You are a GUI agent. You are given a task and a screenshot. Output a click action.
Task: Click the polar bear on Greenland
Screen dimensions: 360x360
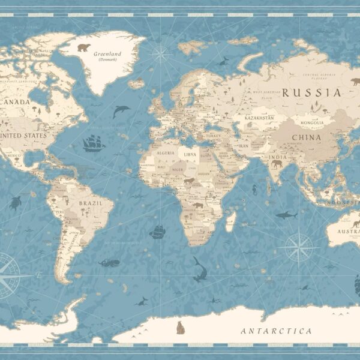coord(83,47)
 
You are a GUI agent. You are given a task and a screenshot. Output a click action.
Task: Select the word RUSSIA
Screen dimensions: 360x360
coord(311,92)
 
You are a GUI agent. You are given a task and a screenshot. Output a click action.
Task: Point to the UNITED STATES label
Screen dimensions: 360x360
coord(25,136)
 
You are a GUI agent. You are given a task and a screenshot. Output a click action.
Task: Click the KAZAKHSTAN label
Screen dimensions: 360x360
coord(258,118)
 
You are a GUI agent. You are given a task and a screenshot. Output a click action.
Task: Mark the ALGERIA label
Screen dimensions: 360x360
coord(165,153)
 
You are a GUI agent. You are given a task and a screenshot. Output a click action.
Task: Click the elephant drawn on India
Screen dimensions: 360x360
coord(277,163)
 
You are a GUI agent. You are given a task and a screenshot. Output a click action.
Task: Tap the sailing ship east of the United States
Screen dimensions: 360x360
coord(94,143)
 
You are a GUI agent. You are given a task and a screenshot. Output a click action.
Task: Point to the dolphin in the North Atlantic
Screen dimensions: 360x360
coord(121,111)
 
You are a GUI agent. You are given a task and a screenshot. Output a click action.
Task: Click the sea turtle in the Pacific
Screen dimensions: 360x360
coord(14,203)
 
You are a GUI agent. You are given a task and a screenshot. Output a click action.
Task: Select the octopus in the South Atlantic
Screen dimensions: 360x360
coord(109,262)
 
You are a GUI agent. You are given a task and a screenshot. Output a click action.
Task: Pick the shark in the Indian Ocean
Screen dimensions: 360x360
coord(286,215)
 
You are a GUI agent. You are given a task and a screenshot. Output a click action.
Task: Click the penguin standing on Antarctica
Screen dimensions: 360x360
coord(179,328)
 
